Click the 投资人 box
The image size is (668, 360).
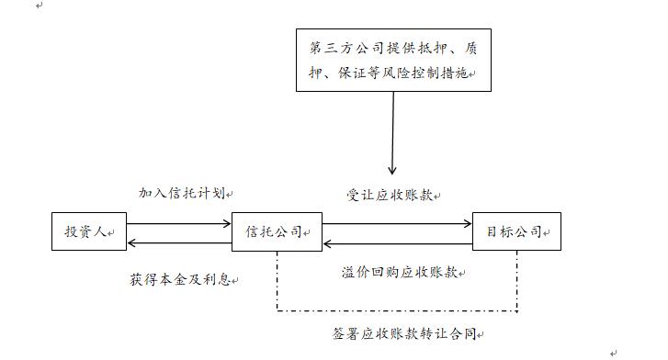point(88,232)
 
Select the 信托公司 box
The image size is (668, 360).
point(277,232)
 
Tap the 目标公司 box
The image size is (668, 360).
point(516,232)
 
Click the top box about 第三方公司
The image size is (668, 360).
point(393,59)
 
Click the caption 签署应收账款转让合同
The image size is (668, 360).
point(405,333)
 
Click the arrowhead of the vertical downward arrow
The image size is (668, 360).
point(393,170)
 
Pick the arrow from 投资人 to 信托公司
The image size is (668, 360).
point(178,223)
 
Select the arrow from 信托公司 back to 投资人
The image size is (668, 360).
point(178,243)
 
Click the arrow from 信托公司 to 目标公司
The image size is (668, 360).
point(397,223)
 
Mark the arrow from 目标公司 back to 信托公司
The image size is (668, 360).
point(397,243)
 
